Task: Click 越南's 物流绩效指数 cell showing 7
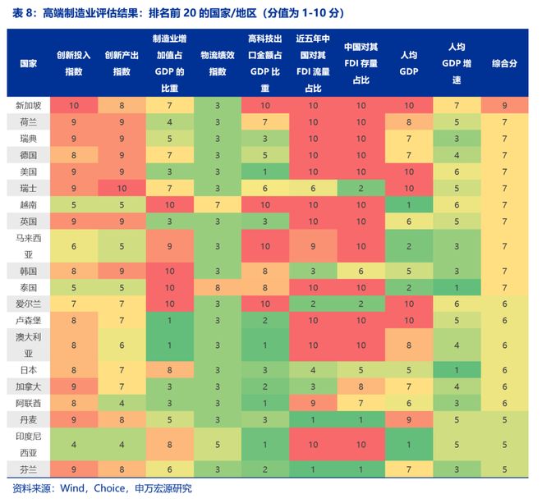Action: (218, 203)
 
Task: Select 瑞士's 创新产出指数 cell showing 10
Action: (122, 188)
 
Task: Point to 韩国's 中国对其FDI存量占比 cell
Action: (361, 270)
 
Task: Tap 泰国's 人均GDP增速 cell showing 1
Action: (456, 287)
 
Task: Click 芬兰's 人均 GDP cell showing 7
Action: (408, 470)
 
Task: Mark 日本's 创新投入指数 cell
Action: (74, 369)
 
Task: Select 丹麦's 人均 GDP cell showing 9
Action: (408, 419)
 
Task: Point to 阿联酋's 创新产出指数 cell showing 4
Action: (122, 403)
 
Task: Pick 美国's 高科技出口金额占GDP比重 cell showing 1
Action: (265, 171)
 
